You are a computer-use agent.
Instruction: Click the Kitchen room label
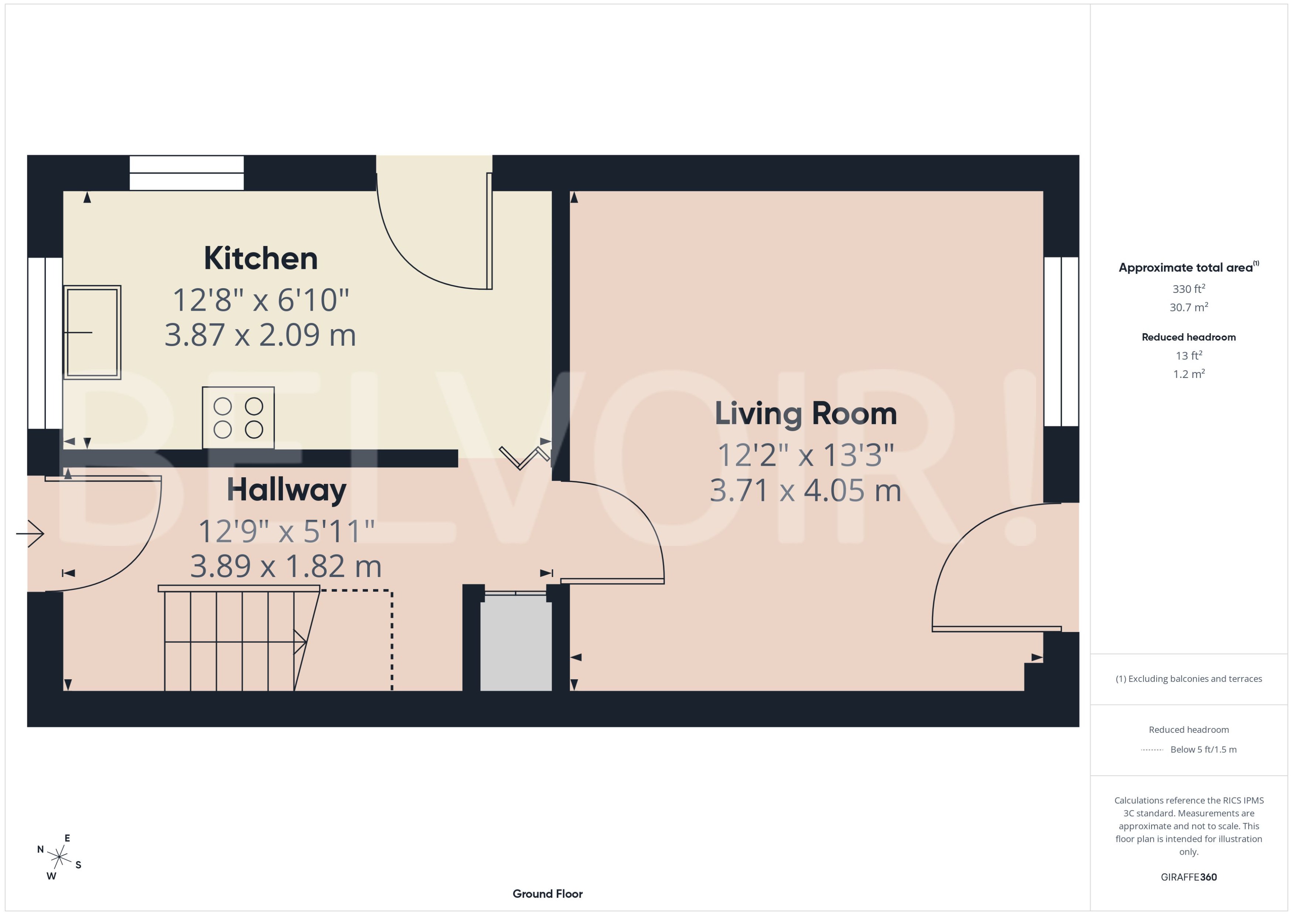point(260,259)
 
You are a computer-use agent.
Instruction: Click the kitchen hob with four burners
point(238,417)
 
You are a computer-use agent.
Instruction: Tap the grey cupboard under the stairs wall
point(515,643)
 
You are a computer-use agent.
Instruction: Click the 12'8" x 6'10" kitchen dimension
point(260,300)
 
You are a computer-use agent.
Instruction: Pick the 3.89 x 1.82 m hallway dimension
point(286,566)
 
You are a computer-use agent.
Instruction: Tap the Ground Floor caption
point(547,894)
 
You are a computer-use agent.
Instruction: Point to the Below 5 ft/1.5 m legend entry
point(1203,750)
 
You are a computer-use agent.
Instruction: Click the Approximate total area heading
point(1186,267)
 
